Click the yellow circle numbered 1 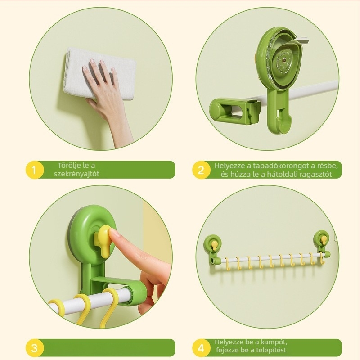(34, 170)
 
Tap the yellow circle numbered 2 (201, 170)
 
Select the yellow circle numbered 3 (34, 348)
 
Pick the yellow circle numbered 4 (201, 348)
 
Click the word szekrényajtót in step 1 (76, 174)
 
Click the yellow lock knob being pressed (104, 239)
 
